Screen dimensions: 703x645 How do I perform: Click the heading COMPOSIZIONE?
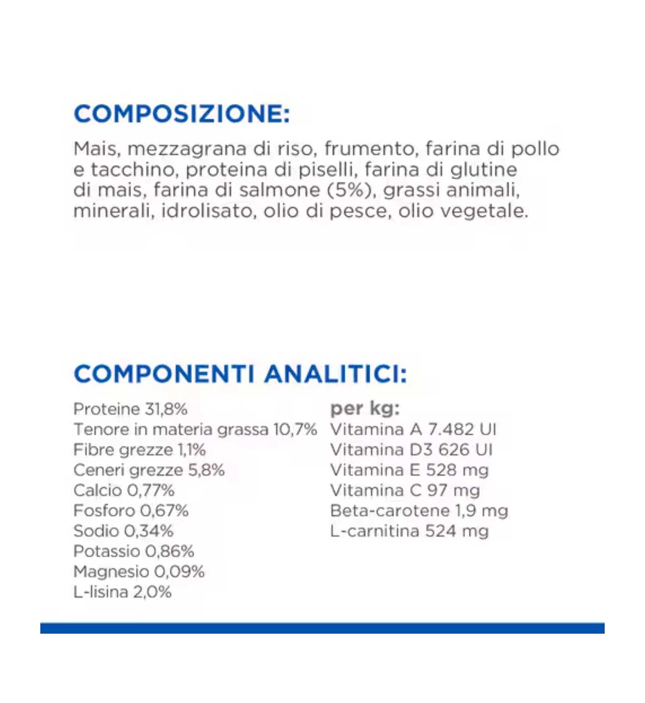click(x=182, y=114)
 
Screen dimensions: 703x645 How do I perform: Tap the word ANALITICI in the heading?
click(x=335, y=374)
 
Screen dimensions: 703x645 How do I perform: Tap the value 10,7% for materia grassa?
click(x=295, y=429)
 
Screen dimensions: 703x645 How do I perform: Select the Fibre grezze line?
click(x=139, y=450)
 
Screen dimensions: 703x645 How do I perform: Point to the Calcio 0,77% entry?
click(x=124, y=491)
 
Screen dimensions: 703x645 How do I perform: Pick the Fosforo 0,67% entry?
click(x=131, y=511)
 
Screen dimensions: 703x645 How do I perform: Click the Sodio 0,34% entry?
click(x=123, y=531)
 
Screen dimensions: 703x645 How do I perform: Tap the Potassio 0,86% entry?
click(x=134, y=551)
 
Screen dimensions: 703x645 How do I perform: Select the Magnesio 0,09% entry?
click(x=139, y=572)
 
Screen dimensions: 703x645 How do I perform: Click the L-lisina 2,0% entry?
click(x=123, y=592)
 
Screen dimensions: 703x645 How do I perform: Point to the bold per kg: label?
click(x=365, y=409)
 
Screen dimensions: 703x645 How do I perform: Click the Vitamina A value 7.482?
click(x=451, y=429)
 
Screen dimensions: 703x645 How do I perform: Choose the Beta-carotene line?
click(x=419, y=511)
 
